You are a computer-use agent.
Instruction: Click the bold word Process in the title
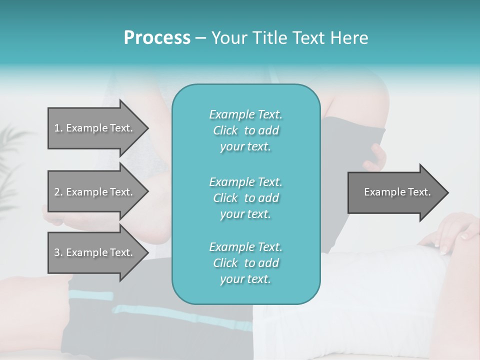click(x=157, y=38)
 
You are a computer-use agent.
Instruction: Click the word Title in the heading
click(x=268, y=38)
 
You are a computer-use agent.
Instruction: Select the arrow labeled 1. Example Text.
click(x=95, y=128)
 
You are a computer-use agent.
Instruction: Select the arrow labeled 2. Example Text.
click(x=95, y=192)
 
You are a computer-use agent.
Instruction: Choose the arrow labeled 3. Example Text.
click(x=95, y=252)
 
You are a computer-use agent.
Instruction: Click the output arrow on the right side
click(x=395, y=192)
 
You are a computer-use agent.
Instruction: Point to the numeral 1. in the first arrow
click(x=58, y=128)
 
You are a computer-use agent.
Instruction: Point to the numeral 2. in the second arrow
click(x=58, y=192)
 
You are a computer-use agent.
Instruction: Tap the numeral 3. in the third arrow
click(x=58, y=252)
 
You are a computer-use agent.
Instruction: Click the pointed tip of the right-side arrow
click(x=446, y=192)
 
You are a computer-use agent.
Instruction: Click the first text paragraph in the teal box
click(x=245, y=130)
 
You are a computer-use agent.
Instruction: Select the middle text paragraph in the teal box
click(x=245, y=197)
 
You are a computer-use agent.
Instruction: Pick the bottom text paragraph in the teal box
click(x=245, y=263)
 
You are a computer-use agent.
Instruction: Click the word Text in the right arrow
click(x=419, y=192)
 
